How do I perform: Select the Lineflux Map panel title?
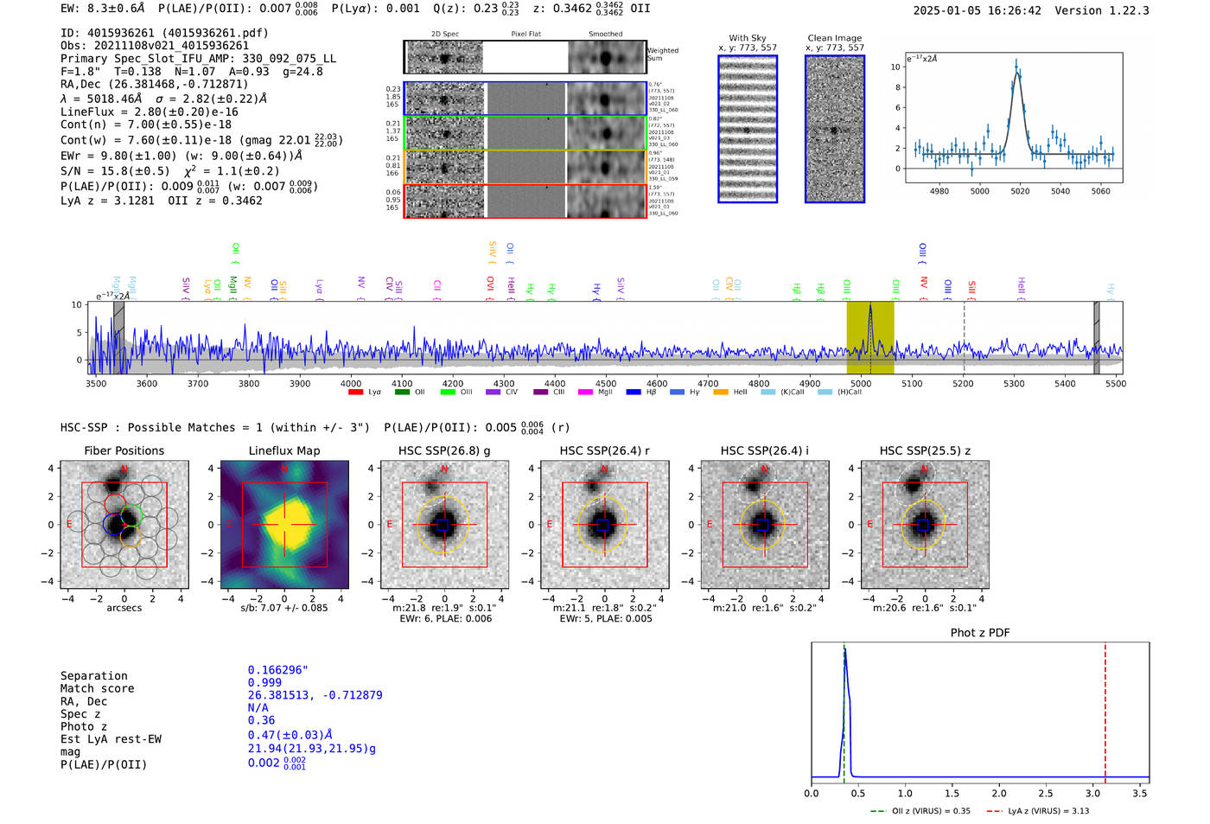(x=283, y=450)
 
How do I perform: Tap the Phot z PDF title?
(x=980, y=633)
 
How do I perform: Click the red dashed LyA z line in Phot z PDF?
(x=1105, y=709)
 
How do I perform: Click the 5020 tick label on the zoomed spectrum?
(x=1020, y=191)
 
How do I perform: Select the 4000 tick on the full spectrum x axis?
(x=351, y=384)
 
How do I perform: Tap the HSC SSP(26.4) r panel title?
(x=604, y=450)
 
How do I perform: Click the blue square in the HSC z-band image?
(x=924, y=525)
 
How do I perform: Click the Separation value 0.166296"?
(x=277, y=670)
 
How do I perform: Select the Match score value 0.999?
(x=264, y=682)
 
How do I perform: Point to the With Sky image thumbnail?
(x=748, y=130)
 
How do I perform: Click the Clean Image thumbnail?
(x=835, y=130)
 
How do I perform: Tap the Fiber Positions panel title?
(x=124, y=450)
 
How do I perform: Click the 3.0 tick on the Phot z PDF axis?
(x=1093, y=793)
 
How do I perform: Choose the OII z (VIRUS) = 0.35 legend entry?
(x=921, y=811)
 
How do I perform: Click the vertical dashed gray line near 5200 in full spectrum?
(x=964, y=337)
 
